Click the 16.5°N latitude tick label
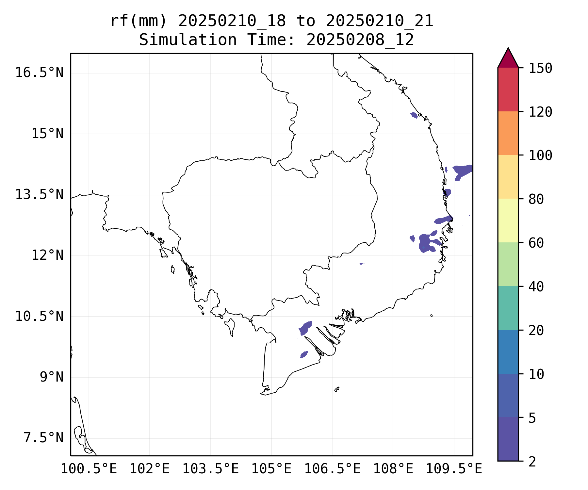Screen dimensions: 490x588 tap(39, 73)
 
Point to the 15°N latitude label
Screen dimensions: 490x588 tap(47, 134)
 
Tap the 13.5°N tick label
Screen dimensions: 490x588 tap(39, 194)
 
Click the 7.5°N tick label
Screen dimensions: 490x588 tap(43, 438)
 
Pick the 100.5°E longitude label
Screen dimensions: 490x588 tap(89, 469)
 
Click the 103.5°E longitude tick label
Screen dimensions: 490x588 tap(210, 469)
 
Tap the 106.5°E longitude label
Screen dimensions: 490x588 tap(332, 469)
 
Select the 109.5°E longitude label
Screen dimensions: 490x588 tap(454, 469)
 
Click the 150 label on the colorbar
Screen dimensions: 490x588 tap(540, 68)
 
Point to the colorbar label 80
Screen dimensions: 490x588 tap(536, 199)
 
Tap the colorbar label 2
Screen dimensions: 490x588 tap(532, 462)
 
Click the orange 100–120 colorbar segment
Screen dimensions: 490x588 tap(508, 133)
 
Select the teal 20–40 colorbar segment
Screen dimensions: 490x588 tap(508, 308)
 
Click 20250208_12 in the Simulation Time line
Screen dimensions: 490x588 tap(360, 40)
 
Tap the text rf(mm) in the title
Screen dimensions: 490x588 tap(139, 21)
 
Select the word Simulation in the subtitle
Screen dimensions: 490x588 tap(188, 40)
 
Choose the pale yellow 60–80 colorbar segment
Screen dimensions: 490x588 tap(508, 220)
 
